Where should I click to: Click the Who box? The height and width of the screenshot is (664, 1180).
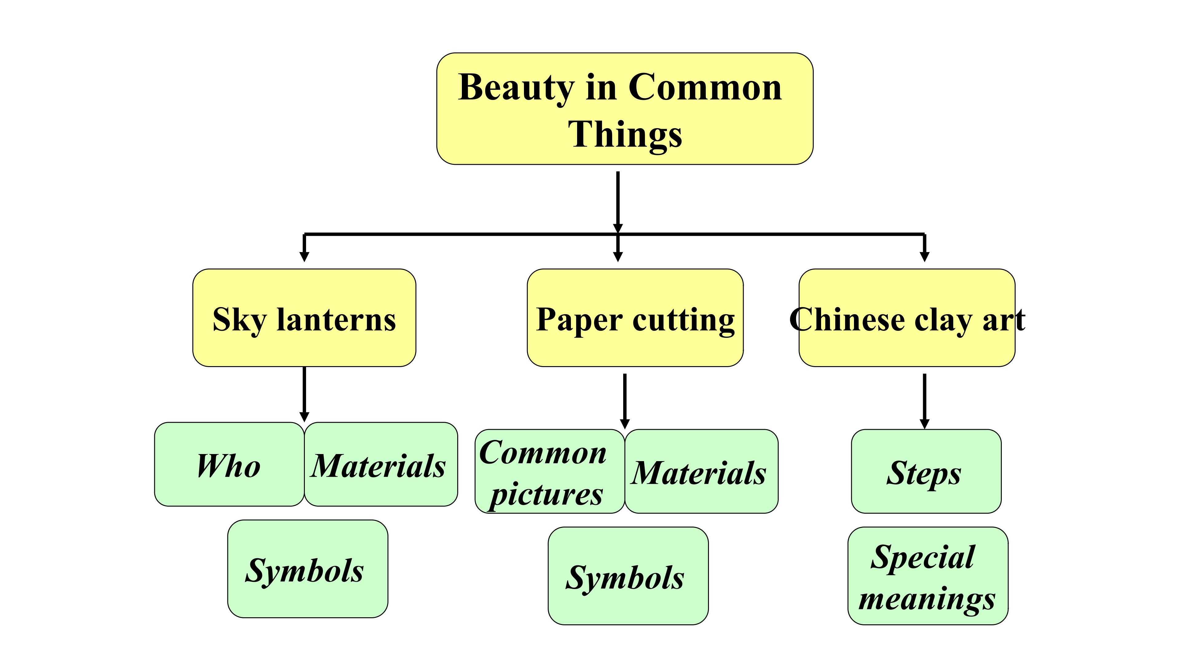pyautogui.click(x=229, y=464)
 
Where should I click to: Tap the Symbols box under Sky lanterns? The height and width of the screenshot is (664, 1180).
pyautogui.click(x=307, y=569)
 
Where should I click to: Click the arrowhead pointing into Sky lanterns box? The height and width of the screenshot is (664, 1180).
pyautogui.click(x=304, y=256)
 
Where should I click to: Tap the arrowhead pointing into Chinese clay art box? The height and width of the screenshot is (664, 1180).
pyautogui.click(x=924, y=256)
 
